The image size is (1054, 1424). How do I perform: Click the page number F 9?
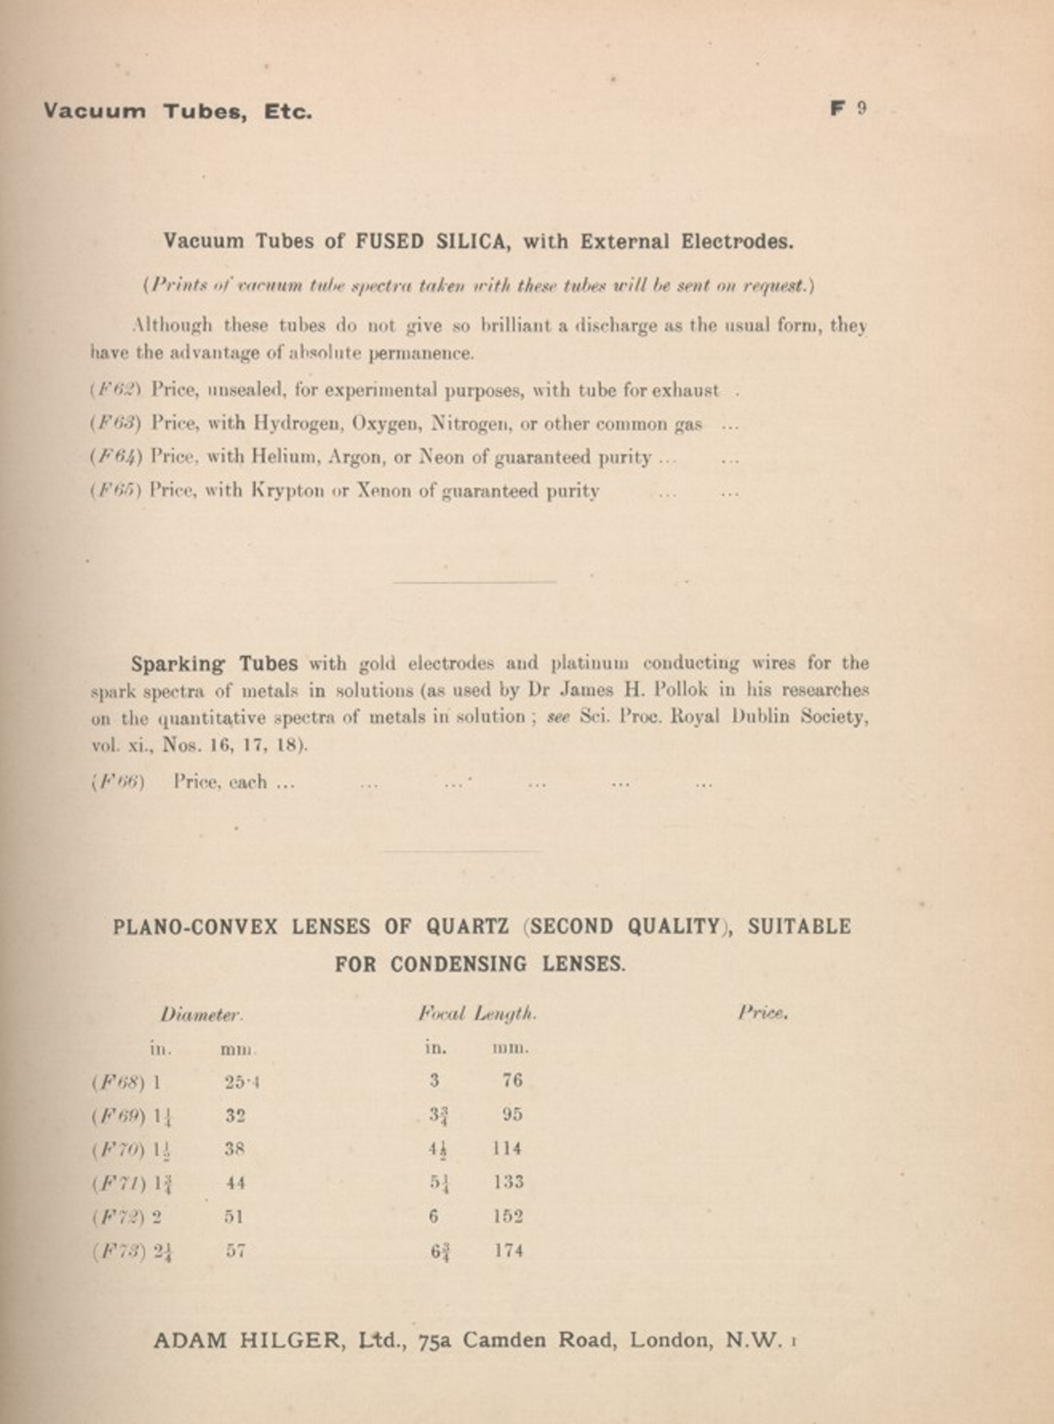pos(848,109)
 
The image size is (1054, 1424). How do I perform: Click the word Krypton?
pos(289,491)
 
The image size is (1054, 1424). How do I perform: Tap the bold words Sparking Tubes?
pos(214,663)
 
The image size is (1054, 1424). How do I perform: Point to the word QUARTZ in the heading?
pos(467,927)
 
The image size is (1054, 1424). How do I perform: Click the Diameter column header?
pos(201,1015)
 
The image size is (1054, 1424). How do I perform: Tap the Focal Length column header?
pos(477,1015)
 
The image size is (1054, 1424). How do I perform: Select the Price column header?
pos(762,1013)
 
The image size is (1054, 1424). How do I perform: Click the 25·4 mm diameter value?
pos(242,1083)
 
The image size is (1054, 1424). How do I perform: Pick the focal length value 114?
pos(507,1148)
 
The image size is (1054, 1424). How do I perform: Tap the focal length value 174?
pos(508,1251)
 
